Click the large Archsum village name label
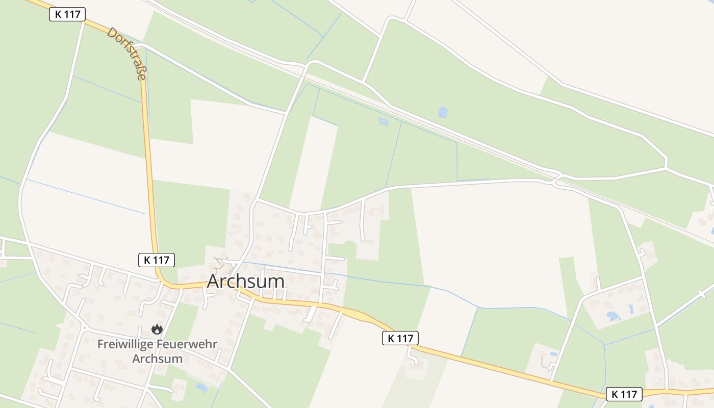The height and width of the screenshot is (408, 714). (245, 282)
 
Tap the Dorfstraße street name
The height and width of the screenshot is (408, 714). (126, 53)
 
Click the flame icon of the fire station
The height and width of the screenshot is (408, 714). (157, 329)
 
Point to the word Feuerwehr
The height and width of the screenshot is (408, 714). (189, 344)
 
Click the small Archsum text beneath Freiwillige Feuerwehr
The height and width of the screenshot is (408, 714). (157, 358)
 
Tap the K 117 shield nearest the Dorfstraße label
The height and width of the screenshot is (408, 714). (67, 14)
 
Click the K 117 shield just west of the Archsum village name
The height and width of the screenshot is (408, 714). (157, 260)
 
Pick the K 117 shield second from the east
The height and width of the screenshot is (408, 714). (400, 338)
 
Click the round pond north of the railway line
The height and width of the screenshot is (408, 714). (443, 112)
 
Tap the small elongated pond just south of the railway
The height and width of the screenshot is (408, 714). (382, 121)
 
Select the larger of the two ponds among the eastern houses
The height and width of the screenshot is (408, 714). (613, 316)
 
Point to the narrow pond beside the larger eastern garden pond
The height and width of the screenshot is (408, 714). (631, 309)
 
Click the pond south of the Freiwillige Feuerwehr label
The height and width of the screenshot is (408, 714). (202, 388)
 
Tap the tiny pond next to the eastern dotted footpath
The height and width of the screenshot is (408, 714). (554, 354)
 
